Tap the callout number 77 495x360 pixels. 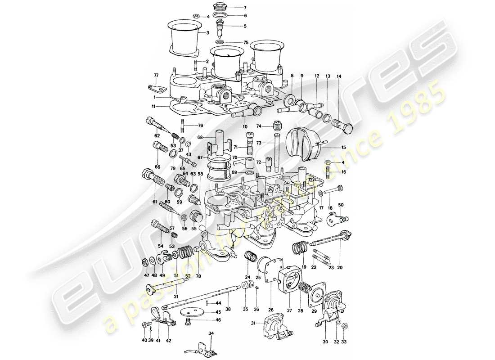pyautogui.click(x=157, y=76)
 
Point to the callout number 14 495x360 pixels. pyautogui.click(x=339, y=76)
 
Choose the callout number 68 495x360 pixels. pyautogui.click(x=200, y=137)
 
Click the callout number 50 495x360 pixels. pyautogui.click(x=341, y=205)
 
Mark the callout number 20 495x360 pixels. pyautogui.click(x=340, y=267)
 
